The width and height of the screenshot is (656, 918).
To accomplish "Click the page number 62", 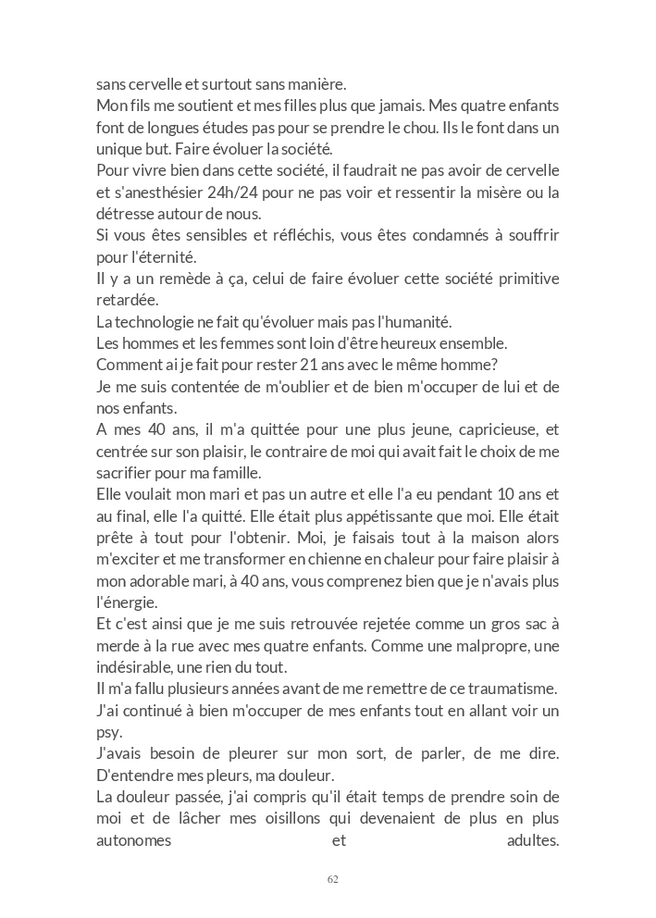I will [333, 879].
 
